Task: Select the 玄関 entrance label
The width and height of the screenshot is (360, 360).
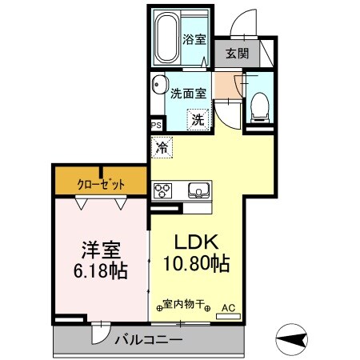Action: [x=236, y=54]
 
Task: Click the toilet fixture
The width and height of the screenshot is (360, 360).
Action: [x=258, y=106]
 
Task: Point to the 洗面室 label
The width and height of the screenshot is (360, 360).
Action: [x=189, y=92]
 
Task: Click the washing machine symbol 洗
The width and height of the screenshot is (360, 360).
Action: [x=197, y=120]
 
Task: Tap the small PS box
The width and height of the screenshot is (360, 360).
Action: [x=156, y=126]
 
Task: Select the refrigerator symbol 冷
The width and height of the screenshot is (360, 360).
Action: [x=162, y=146]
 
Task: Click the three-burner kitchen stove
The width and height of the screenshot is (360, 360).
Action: [x=162, y=190]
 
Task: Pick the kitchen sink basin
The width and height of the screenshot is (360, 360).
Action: [x=197, y=190]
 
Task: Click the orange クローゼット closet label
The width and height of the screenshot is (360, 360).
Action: [x=101, y=184]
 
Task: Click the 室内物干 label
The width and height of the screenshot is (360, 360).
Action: [x=184, y=305]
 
